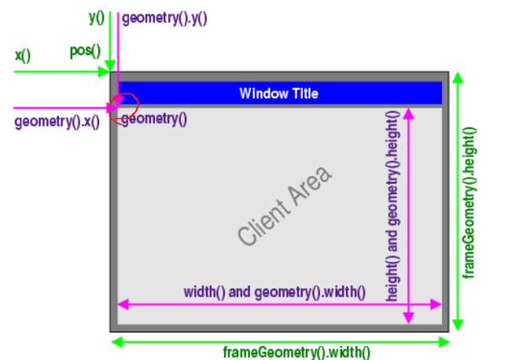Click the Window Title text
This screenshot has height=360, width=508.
[278, 94]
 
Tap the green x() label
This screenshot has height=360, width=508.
[22, 56]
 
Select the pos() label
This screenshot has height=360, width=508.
[85, 52]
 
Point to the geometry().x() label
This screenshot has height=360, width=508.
[57, 123]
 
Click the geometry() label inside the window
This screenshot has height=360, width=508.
[155, 119]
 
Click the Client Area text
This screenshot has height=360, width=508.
[285, 206]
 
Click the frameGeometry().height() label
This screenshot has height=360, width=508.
[471, 201]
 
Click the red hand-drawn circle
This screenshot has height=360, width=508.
[123, 108]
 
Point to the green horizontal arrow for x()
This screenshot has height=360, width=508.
[55, 72]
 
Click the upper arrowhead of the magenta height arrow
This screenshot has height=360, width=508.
[408, 114]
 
